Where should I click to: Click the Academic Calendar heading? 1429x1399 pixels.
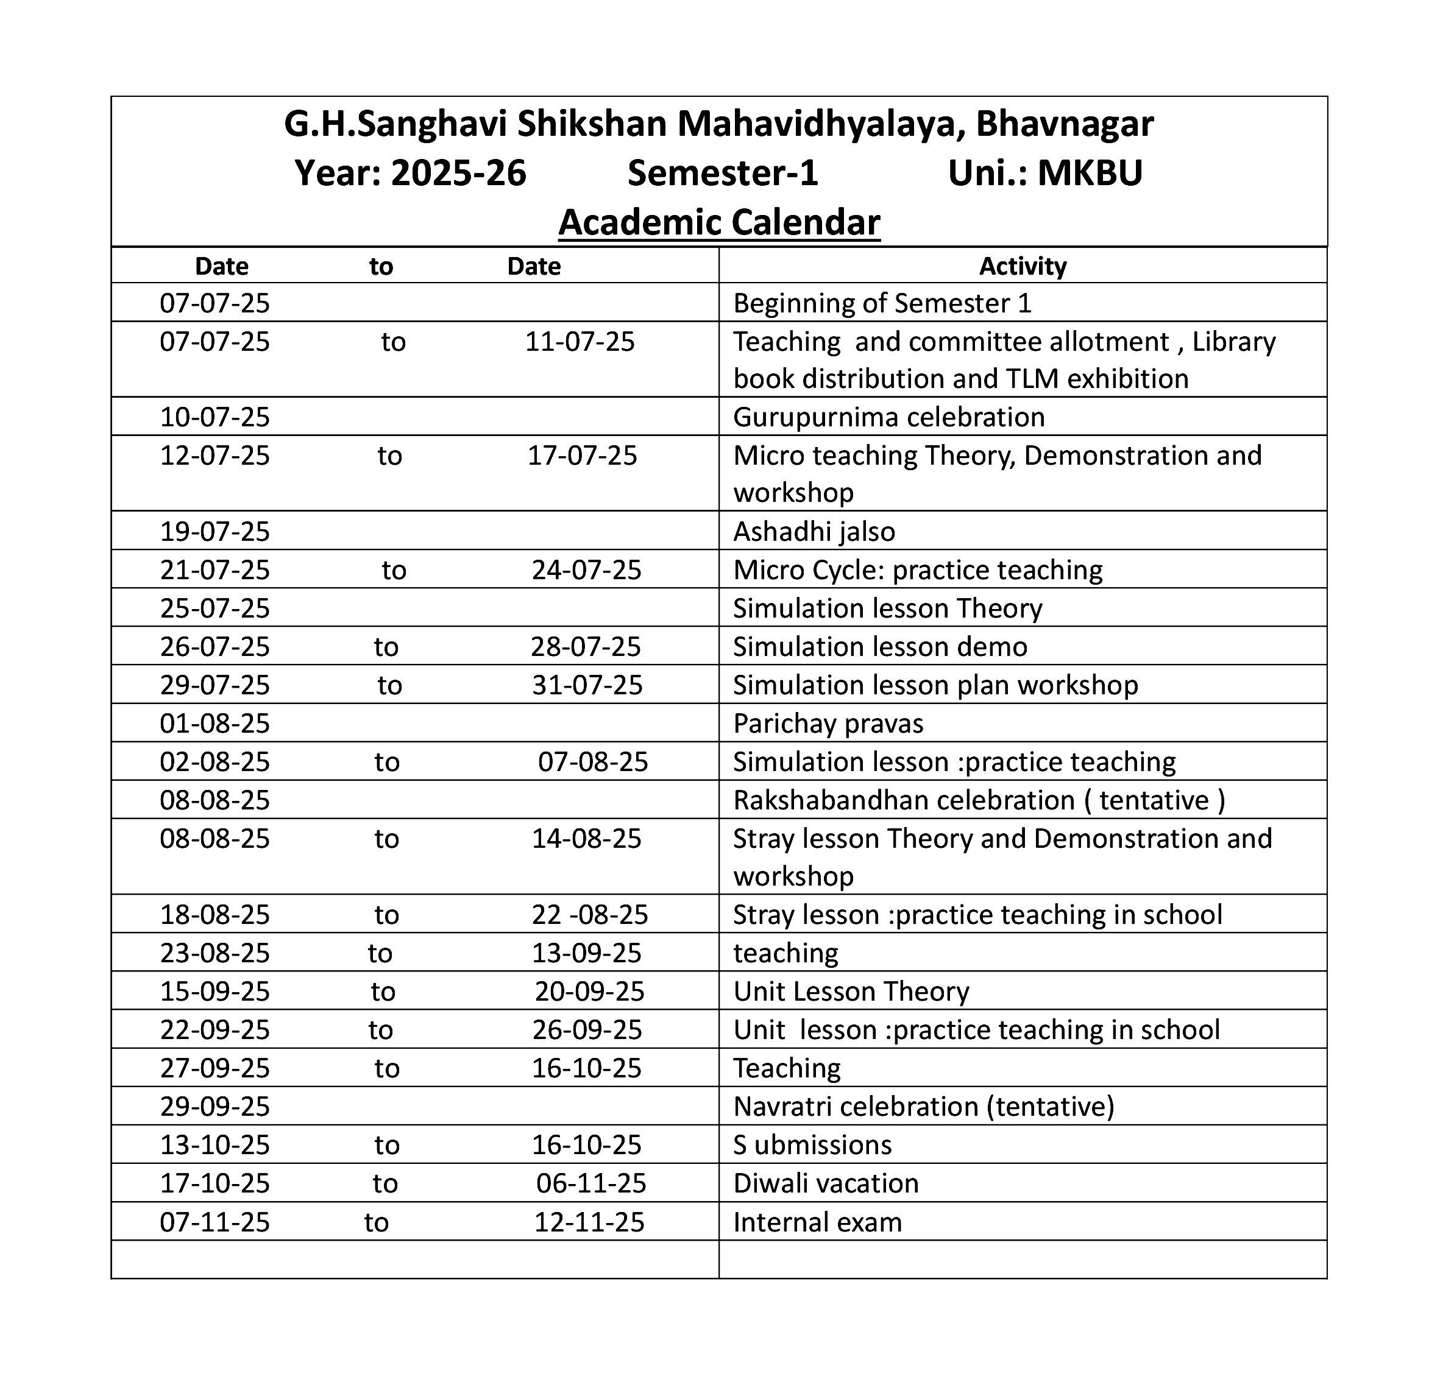718,222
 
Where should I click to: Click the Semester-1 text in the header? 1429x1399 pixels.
722,174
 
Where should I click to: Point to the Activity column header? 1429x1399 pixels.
1022,266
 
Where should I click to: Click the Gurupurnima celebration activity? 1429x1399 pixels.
888,417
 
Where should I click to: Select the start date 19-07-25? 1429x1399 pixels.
215,531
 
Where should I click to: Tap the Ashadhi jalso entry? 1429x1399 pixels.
814,531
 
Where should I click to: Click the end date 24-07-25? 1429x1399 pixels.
586,570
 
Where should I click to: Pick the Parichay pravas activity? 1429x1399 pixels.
828,724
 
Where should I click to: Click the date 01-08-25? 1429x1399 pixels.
215,724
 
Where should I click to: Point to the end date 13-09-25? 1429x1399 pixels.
586,953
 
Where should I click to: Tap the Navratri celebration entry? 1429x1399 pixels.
923,1107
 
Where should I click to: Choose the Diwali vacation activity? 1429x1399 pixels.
826,1183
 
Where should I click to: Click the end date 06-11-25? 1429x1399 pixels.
590,1183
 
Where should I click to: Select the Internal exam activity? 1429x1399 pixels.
817,1222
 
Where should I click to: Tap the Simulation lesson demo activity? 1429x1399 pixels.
880,647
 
